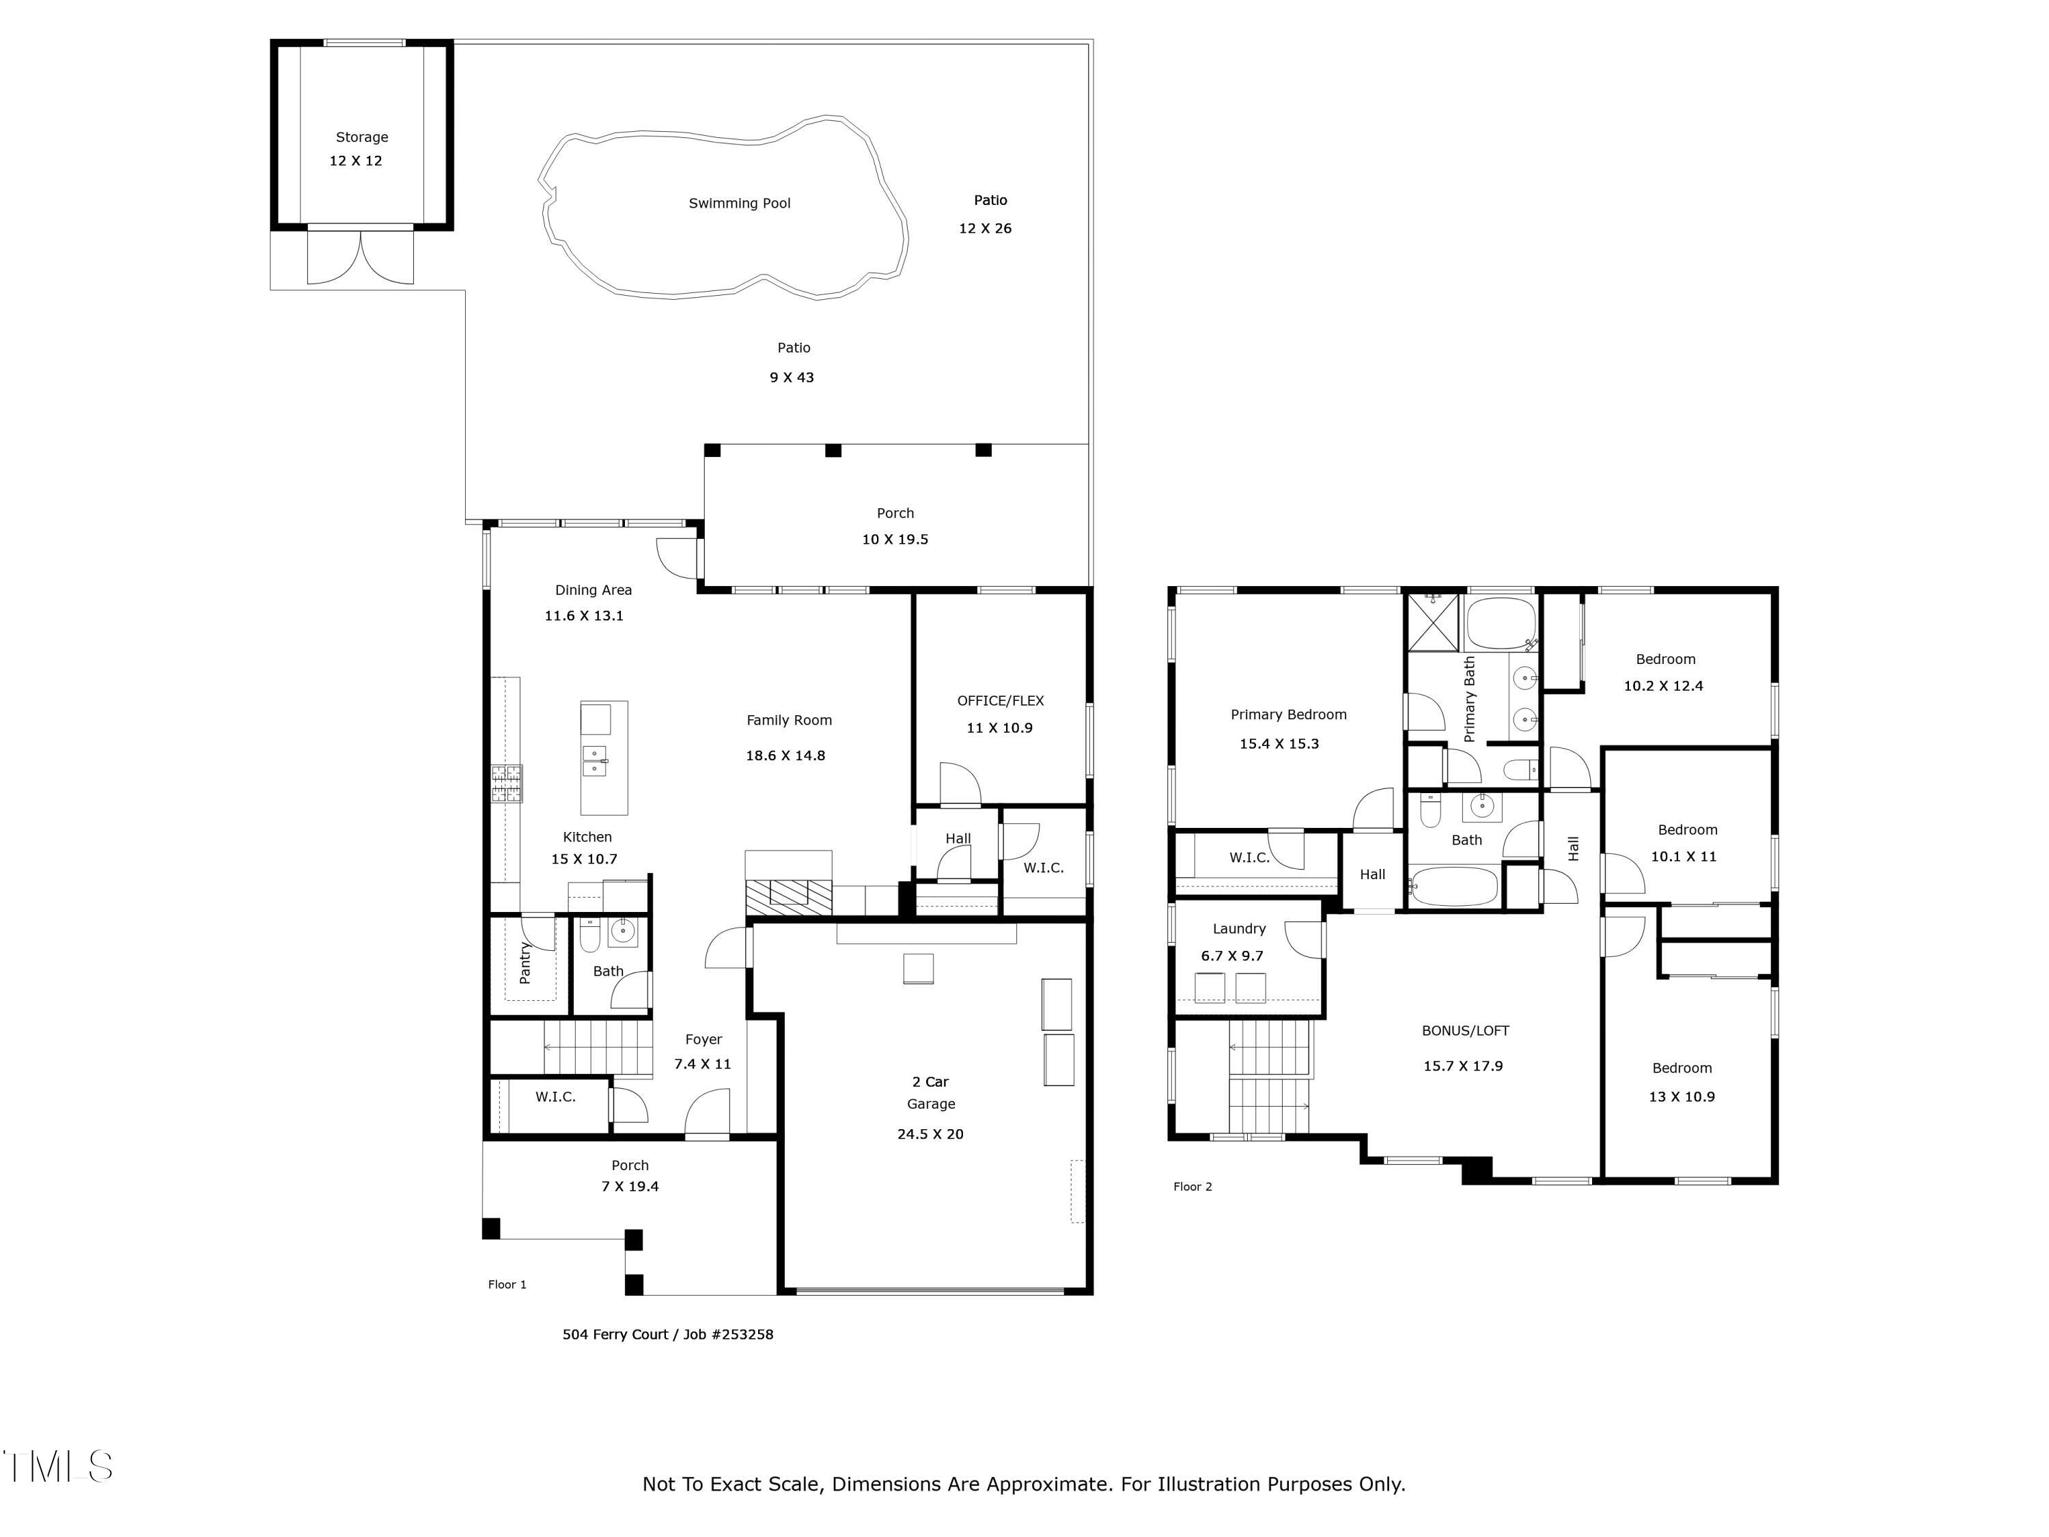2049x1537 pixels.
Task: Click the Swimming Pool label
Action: pyautogui.click(x=739, y=204)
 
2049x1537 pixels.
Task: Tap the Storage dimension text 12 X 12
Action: pyautogui.click(x=356, y=161)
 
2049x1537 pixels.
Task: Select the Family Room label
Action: pyautogui.click(x=790, y=721)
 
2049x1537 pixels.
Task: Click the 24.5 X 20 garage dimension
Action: pyautogui.click(x=930, y=1134)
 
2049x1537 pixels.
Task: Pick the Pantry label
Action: pyautogui.click(x=525, y=963)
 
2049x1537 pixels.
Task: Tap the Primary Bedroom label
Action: pyautogui.click(x=1289, y=715)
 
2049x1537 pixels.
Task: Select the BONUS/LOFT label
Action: pyautogui.click(x=1466, y=1031)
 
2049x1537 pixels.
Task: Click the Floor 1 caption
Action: pyautogui.click(x=507, y=1285)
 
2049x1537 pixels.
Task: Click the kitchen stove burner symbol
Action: pyautogui.click(x=507, y=784)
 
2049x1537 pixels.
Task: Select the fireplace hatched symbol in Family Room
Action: pyautogui.click(x=788, y=898)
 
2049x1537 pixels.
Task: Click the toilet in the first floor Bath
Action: pyautogui.click(x=590, y=936)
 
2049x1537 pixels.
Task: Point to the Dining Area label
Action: pyautogui.click(x=593, y=590)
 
